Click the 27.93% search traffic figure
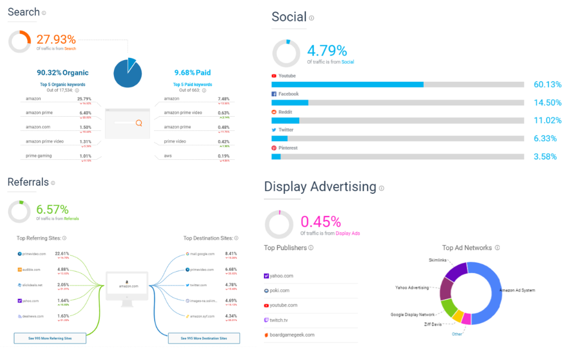56,39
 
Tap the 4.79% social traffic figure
327,51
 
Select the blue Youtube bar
347,84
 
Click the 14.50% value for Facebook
547,103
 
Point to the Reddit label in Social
286,112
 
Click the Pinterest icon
274,148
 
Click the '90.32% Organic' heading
63,73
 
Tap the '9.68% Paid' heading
192,73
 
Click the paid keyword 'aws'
168,155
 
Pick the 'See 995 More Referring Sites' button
50,338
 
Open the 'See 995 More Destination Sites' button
204,338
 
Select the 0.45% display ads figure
321,221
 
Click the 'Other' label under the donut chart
457,334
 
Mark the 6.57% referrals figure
53,209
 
